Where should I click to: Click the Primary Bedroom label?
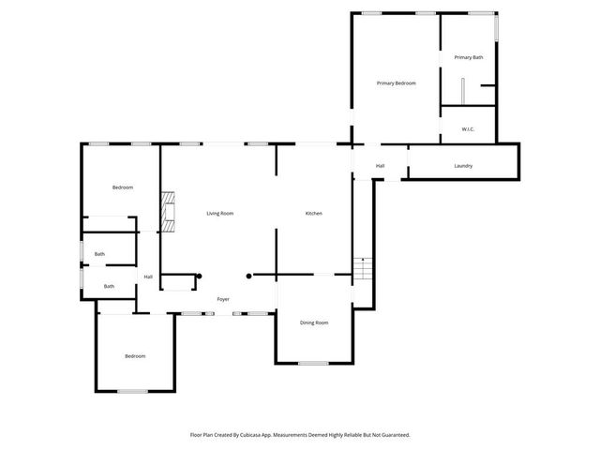tap(396, 83)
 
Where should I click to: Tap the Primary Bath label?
tap(469, 58)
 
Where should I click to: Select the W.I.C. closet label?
tap(468, 128)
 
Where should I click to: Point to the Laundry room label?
tap(463, 166)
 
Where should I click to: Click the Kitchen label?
tap(314, 214)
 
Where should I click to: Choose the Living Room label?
tap(219, 214)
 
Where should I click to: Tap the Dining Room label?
tap(314, 322)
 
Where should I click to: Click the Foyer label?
tap(223, 299)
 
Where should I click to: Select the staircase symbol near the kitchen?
tap(362, 270)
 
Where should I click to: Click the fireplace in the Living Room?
tap(167, 212)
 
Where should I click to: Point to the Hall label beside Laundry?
tap(380, 166)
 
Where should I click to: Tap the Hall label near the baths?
tap(148, 277)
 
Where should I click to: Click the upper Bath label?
tap(99, 254)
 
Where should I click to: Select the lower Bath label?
tap(109, 286)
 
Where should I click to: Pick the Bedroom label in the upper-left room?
tap(123, 187)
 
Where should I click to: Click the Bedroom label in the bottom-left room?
tap(135, 355)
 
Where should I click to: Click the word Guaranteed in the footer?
tap(391, 435)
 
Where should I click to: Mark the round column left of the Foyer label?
tap(200, 276)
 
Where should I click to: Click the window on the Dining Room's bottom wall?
tap(313, 363)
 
